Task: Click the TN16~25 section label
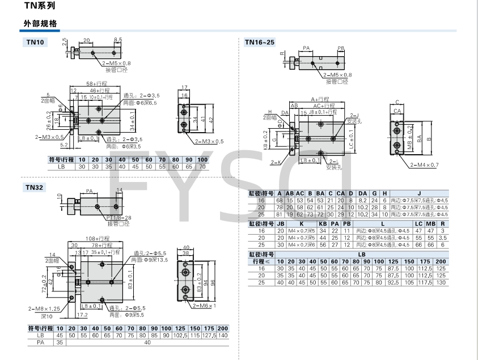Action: pos(260,42)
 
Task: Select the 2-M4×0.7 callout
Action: pos(424,164)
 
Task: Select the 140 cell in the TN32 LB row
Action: pos(222,336)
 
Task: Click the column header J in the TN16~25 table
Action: pos(420,193)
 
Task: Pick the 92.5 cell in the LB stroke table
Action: pos(394,282)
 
